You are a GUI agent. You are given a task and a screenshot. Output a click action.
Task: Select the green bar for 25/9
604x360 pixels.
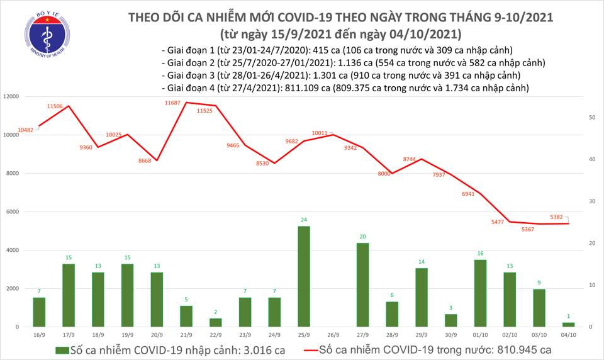click(303, 276)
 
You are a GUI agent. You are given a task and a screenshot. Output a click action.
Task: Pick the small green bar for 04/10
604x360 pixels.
click(568, 324)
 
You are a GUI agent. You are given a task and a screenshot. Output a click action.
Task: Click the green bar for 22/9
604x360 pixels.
click(215, 322)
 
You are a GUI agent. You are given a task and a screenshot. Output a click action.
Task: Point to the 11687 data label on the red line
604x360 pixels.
click(173, 102)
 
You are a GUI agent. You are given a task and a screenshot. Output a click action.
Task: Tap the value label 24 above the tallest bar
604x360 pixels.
click(303, 220)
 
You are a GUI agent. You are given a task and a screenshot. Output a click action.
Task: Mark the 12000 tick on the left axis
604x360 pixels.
click(11, 96)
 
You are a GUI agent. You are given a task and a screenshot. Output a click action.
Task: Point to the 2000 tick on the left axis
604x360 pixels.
click(13, 289)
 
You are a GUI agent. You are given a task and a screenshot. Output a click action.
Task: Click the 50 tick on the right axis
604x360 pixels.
click(592, 118)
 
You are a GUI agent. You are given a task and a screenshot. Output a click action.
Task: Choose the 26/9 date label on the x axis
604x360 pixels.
click(331, 336)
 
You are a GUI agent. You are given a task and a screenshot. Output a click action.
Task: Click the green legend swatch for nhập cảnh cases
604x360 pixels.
click(62, 349)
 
